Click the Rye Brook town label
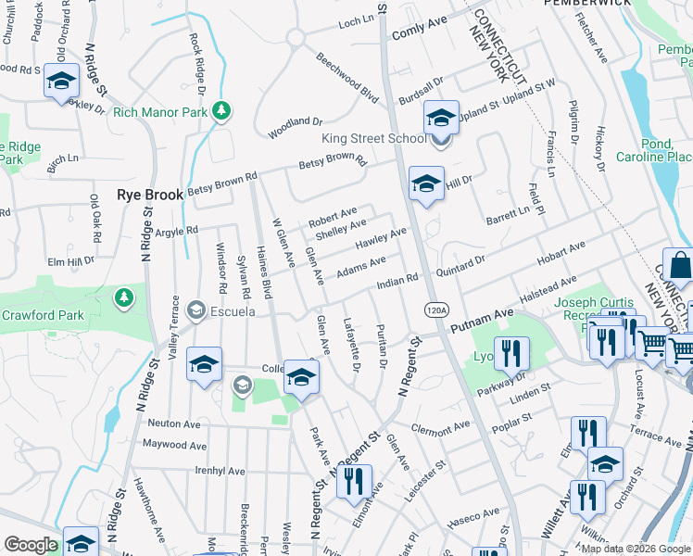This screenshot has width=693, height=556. pyautogui.click(x=150, y=196)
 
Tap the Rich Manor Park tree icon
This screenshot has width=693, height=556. pyautogui.click(x=221, y=112)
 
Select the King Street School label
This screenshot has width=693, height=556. pyautogui.click(x=373, y=139)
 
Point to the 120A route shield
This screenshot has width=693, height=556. pyautogui.click(x=435, y=308)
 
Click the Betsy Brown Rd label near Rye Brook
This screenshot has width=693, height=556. pyautogui.click(x=221, y=183)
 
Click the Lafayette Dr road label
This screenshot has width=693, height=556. pyautogui.click(x=351, y=347)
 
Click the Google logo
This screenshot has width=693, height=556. pyautogui.click(x=31, y=545)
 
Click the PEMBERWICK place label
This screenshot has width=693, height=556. pyautogui.click(x=597, y=4)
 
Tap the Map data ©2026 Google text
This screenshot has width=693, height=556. pyautogui.click(x=636, y=549)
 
